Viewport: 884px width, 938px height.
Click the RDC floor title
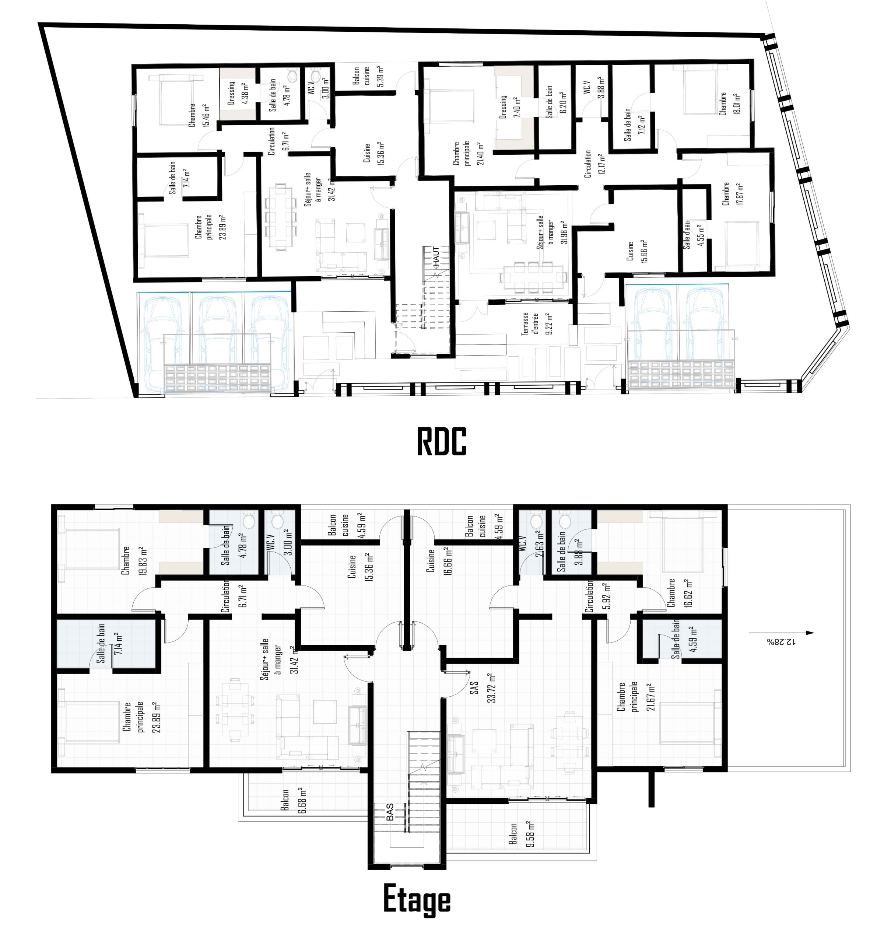coord(442,441)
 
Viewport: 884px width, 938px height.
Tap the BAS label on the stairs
coord(390,812)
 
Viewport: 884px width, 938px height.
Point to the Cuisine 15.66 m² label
coord(637,251)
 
